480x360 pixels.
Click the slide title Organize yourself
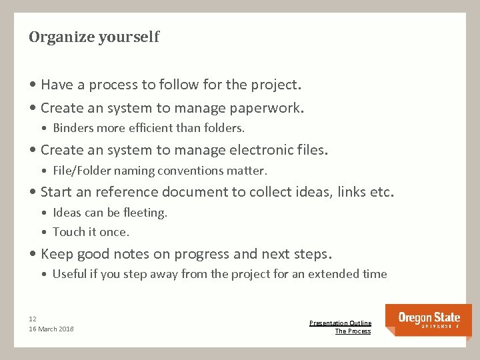[x=94, y=37]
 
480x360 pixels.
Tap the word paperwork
[x=266, y=108]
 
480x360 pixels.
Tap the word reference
[x=126, y=192]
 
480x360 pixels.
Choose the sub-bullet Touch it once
[x=91, y=232]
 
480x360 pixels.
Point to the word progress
[x=201, y=254]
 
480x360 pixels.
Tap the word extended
[x=331, y=274]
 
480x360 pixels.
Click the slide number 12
[x=33, y=318]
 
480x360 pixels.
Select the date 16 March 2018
[x=51, y=329]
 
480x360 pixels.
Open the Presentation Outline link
[x=340, y=323]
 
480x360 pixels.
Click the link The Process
[x=353, y=331]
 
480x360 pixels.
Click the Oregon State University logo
[x=429, y=319]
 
